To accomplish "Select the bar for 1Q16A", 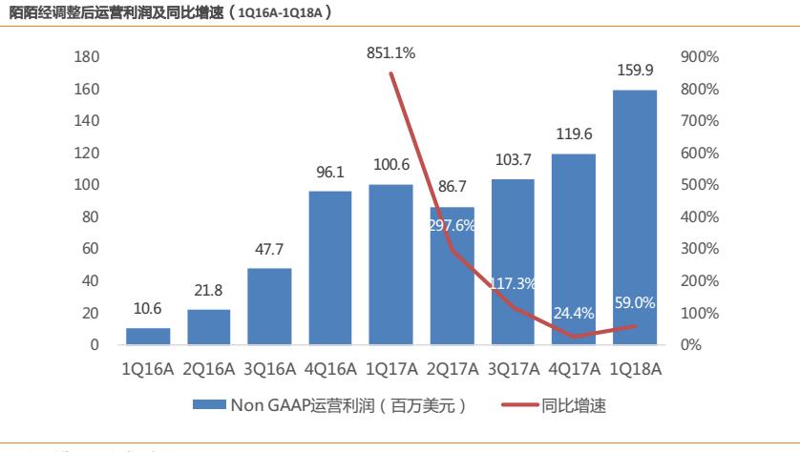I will click(148, 337).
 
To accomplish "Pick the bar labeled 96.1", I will click(330, 268).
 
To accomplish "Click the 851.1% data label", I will click(390, 54).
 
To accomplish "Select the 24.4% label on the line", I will click(573, 313).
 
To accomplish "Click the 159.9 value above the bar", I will click(635, 70).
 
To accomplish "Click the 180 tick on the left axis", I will click(87, 57).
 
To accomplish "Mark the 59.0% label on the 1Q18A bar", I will click(634, 303).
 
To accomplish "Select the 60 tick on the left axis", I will click(91, 249).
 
